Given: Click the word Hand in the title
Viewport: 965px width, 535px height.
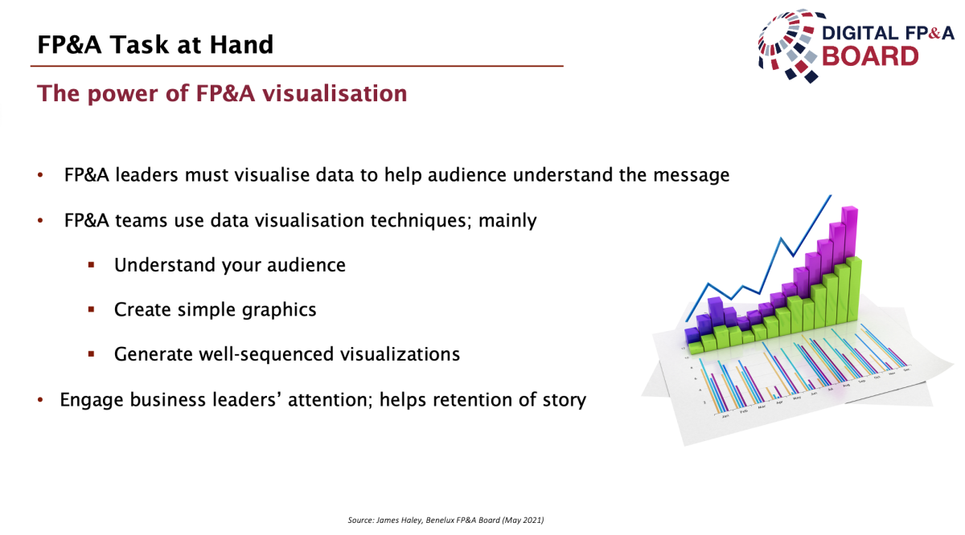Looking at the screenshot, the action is click(x=241, y=44).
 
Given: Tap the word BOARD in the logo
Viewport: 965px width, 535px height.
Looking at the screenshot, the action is click(x=870, y=56).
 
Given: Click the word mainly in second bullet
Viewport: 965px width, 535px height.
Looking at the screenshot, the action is click(x=507, y=220).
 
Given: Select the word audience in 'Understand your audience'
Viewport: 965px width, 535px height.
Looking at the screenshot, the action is click(x=306, y=265).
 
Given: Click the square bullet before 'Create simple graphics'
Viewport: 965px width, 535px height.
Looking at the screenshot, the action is click(x=91, y=309).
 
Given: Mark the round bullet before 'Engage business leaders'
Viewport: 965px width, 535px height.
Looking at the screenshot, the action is click(x=40, y=400).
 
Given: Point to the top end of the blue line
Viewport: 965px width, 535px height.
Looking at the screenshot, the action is click(x=831, y=196).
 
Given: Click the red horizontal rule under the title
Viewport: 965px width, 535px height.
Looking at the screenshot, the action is click(x=297, y=66).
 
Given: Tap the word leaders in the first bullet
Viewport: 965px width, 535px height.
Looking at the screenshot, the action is click(x=146, y=175).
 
